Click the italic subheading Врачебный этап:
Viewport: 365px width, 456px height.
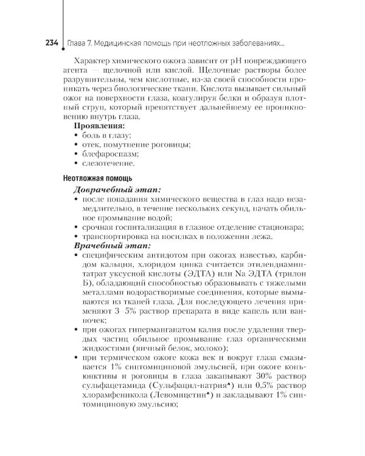[107, 246]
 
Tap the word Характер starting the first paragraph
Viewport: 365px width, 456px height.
[92, 63]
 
